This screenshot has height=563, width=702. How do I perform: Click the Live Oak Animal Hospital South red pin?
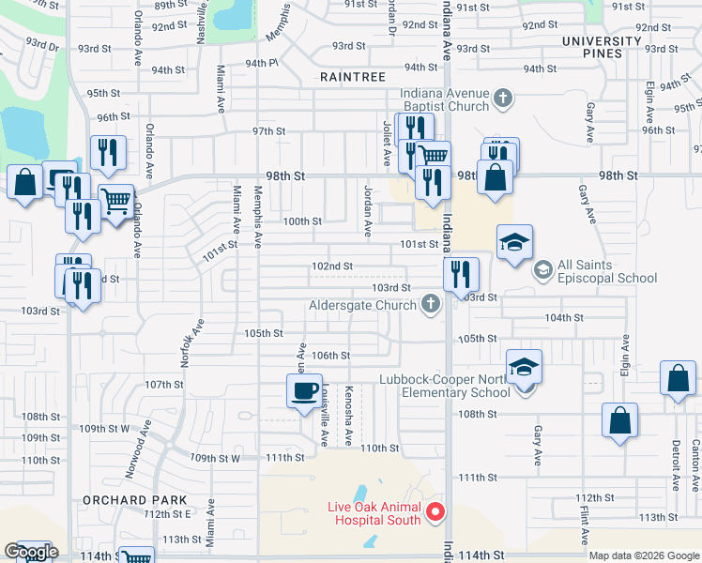click(x=435, y=512)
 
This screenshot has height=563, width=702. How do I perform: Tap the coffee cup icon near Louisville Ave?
click(x=304, y=391)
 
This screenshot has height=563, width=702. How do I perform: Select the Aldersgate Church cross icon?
click(x=431, y=303)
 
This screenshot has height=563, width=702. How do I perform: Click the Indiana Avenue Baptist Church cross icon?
click(x=503, y=97)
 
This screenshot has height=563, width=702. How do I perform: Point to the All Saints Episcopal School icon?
click(x=542, y=270)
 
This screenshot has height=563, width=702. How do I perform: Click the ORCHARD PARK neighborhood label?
click(x=135, y=500)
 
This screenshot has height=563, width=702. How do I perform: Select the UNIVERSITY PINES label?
click(x=605, y=47)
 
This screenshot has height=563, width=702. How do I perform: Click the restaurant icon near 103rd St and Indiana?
click(x=460, y=274)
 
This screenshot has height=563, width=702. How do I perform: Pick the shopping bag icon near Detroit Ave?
click(x=677, y=379)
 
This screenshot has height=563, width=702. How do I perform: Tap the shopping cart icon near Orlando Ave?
click(x=115, y=201)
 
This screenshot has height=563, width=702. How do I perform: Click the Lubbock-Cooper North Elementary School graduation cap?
click(x=525, y=367)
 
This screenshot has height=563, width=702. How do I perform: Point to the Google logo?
click(x=31, y=552)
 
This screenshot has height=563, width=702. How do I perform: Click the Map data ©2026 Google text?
click(x=643, y=555)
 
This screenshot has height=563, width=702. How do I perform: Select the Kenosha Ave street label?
click(x=347, y=403)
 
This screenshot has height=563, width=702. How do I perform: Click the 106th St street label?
click(x=330, y=356)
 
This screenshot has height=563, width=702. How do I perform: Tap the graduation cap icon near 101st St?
click(x=514, y=242)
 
